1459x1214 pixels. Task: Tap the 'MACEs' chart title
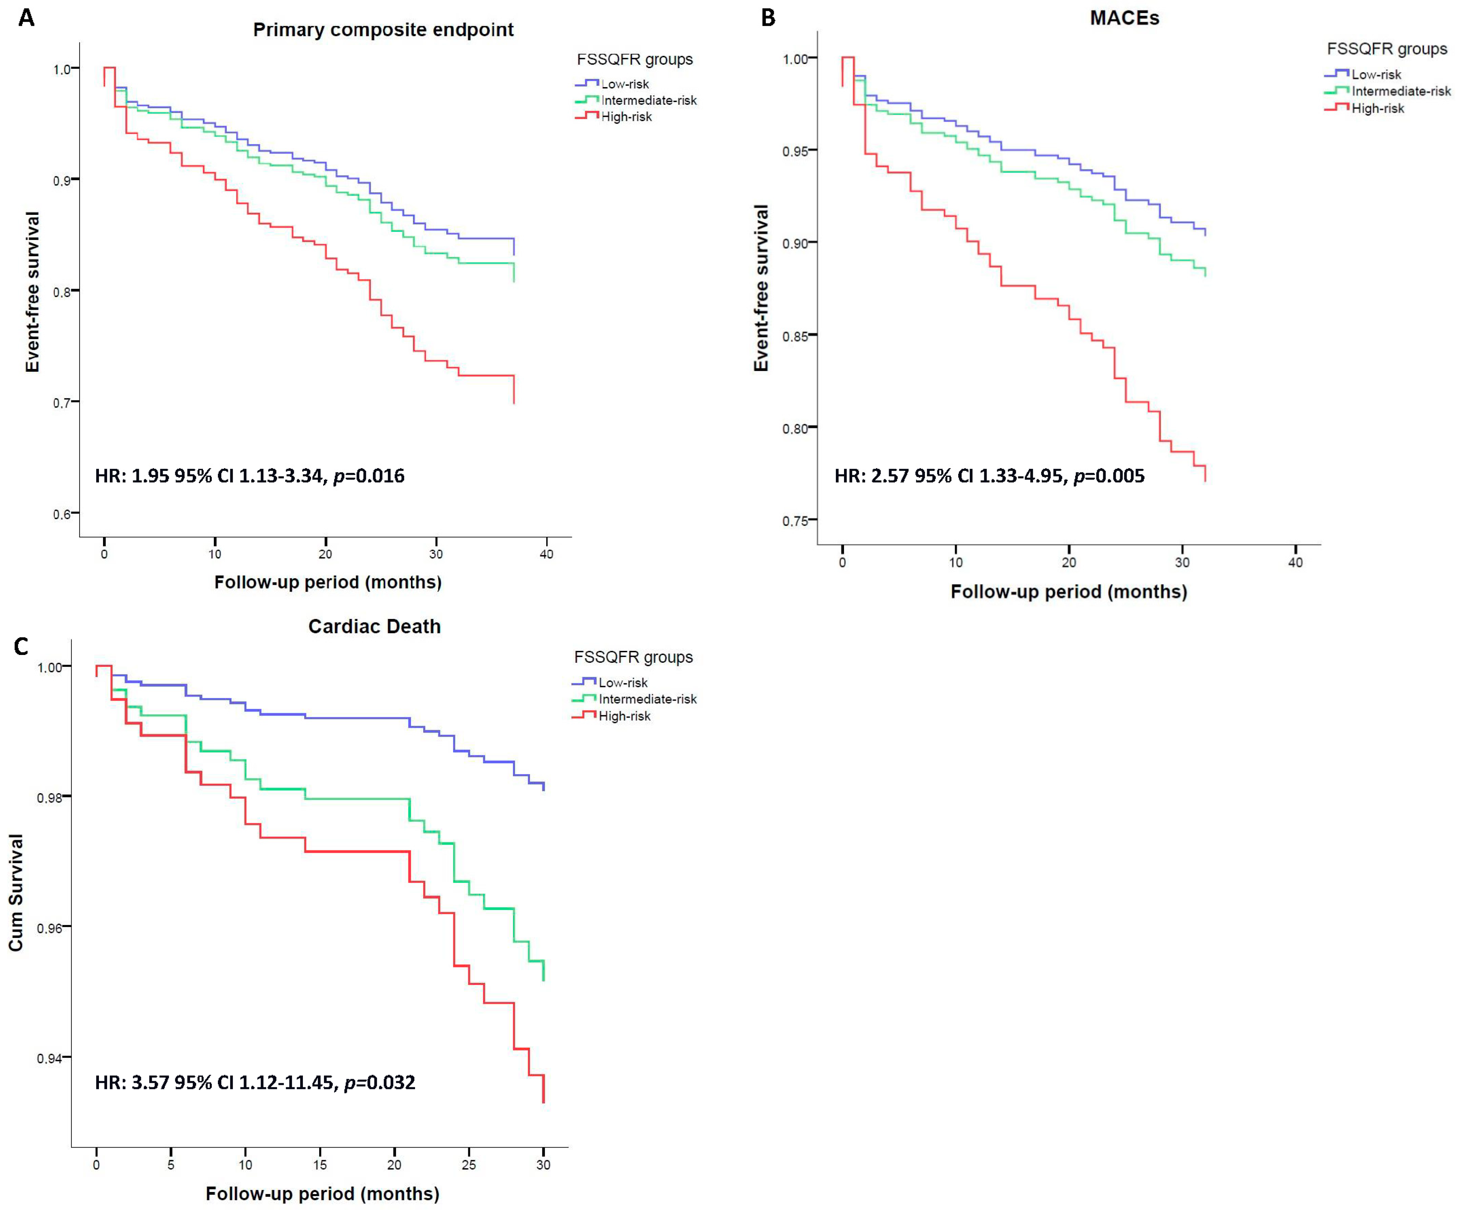1124,18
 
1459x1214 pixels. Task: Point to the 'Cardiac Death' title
374,627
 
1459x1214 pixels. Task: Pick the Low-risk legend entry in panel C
622,682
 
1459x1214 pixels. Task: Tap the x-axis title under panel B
1069,592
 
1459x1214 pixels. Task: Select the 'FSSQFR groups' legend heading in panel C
633,657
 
